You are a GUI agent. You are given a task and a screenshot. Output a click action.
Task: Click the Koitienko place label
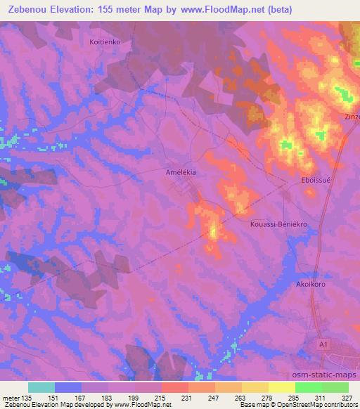[105, 42]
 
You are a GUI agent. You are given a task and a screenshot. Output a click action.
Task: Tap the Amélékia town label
[181, 171]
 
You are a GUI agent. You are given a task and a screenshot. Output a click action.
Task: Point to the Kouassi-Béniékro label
[279, 224]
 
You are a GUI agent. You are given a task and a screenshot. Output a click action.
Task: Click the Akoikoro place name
[309, 287]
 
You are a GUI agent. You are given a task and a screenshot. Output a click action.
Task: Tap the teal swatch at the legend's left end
[41, 387]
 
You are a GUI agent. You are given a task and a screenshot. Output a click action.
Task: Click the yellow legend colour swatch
[281, 387]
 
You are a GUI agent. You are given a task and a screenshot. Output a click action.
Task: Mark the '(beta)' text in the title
[274, 10]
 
